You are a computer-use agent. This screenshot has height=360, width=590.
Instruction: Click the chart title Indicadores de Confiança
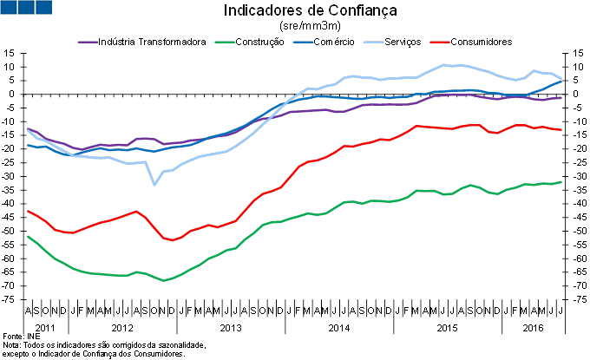(x=298, y=11)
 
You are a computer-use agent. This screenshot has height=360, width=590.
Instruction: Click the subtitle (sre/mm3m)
(x=298, y=27)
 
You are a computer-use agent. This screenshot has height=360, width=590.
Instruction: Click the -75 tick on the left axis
(x=11, y=300)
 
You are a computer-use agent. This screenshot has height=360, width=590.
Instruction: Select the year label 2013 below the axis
(x=231, y=328)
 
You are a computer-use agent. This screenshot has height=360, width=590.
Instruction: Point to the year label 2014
(x=338, y=328)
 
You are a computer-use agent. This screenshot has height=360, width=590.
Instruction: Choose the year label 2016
(x=534, y=328)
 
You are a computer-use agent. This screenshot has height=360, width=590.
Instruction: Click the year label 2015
(x=447, y=328)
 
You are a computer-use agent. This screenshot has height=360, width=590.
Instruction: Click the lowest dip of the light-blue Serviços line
(x=154, y=184)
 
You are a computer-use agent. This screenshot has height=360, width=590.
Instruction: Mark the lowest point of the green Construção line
(x=163, y=280)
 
